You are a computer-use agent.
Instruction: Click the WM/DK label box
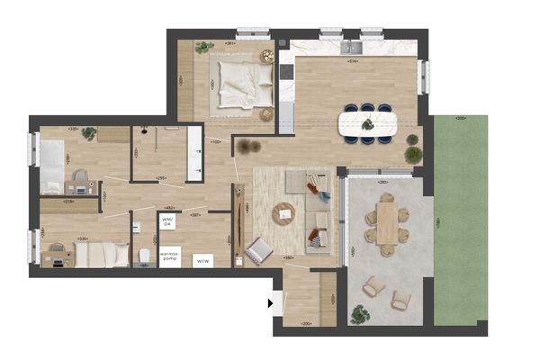tap(166, 220)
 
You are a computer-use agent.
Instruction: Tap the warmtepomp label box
tap(169, 256)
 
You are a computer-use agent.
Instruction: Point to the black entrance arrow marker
tap(270, 304)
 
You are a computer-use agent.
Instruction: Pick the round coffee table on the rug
tap(284, 213)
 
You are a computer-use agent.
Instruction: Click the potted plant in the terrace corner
tap(359, 314)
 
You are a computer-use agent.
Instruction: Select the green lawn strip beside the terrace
tap(460, 220)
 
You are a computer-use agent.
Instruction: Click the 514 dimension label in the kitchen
tap(353, 62)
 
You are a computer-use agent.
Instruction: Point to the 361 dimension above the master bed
tap(230, 44)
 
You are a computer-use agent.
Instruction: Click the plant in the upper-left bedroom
tap(88, 134)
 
